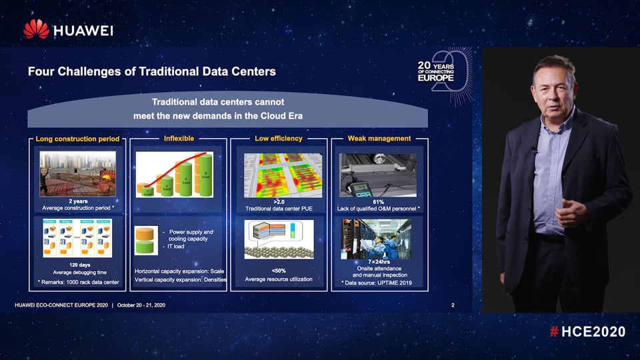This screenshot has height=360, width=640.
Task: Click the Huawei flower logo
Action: click(36, 29)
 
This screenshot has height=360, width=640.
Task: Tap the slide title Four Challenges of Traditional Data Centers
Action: click(151, 71)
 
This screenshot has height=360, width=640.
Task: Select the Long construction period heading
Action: click(78, 139)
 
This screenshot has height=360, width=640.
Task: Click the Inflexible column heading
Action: click(179, 138)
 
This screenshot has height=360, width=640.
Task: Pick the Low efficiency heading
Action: click(279, 139)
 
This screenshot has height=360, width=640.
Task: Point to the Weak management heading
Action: click(379, 139)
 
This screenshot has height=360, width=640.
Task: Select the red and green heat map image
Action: click(279, 173)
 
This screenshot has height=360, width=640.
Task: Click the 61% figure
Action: click(378, 201)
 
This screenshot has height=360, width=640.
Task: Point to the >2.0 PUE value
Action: click(279, 201)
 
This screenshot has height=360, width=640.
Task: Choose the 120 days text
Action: click(79, 265)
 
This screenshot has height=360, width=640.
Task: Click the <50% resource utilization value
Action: click(279, 270)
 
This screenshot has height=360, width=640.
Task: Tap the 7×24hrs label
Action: click(379, 262)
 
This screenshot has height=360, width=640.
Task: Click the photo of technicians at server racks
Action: click(378, 239)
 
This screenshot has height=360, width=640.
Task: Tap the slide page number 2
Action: click(453, 305)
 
